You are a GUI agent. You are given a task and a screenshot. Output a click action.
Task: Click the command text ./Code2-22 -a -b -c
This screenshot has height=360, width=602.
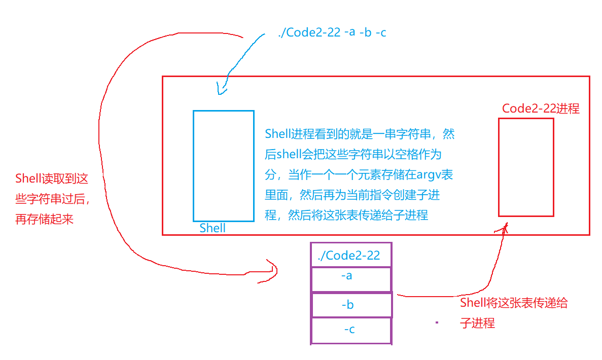pyautogui.click(x=333, y=33)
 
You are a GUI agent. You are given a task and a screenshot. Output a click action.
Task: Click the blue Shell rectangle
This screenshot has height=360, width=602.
pyautogui.click(x=223, y=166)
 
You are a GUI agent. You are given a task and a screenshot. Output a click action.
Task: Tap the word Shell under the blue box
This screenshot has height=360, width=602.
pyautogui.click(x=213, y=228)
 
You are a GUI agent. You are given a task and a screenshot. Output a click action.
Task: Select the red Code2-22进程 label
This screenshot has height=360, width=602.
pyautogui.click(x=541, y=109)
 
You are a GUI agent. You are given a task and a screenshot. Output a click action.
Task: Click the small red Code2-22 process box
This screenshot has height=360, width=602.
pyautogui.click(x=526, y=167)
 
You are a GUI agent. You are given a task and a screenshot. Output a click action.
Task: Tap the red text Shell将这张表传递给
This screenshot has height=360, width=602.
pyautogui.click(x=514, y=304)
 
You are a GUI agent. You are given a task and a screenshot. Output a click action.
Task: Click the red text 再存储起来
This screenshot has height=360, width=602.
pyautogui.click(x=45, y=221)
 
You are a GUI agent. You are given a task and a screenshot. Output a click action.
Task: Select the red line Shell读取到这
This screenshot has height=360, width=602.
pyautogui.click(x=52, y=178)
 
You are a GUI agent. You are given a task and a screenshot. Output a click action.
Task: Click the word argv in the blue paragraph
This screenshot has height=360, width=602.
pyautogui.click(x=429, y=175)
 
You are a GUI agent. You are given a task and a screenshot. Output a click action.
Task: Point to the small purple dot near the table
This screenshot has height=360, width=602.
pyautogui.click(x=436, y=322)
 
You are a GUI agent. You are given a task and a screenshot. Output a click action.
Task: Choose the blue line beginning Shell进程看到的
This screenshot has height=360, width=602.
pyautogui.click(x=360, y=134)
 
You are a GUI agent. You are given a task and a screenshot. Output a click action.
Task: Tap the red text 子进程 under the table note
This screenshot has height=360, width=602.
pyautogui.click(x=477, y=323)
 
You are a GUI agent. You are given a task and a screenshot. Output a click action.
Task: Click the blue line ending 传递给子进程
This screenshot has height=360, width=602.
pyautogui.click(x=346, y=215)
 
